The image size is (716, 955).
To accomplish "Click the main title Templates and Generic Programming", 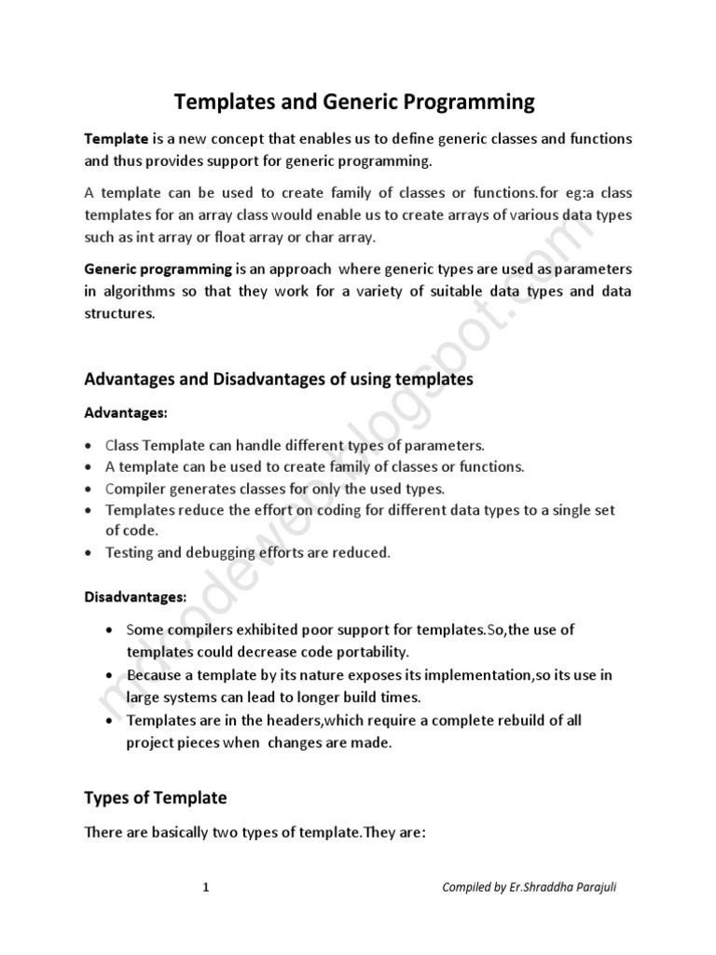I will [356, 101].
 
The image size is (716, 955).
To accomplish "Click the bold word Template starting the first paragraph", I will [117, 138].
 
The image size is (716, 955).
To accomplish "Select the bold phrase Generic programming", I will [158, 269].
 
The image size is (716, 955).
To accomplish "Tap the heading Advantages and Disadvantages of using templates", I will [279, 379].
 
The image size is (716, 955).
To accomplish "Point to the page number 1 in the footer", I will [205, 888].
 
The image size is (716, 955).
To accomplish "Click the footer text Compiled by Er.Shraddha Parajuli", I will [529, 888].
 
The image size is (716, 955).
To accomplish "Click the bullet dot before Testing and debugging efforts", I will [88, 553].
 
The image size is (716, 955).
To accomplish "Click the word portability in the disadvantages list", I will [384, 651].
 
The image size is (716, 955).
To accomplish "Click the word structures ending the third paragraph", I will [118, 313].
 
